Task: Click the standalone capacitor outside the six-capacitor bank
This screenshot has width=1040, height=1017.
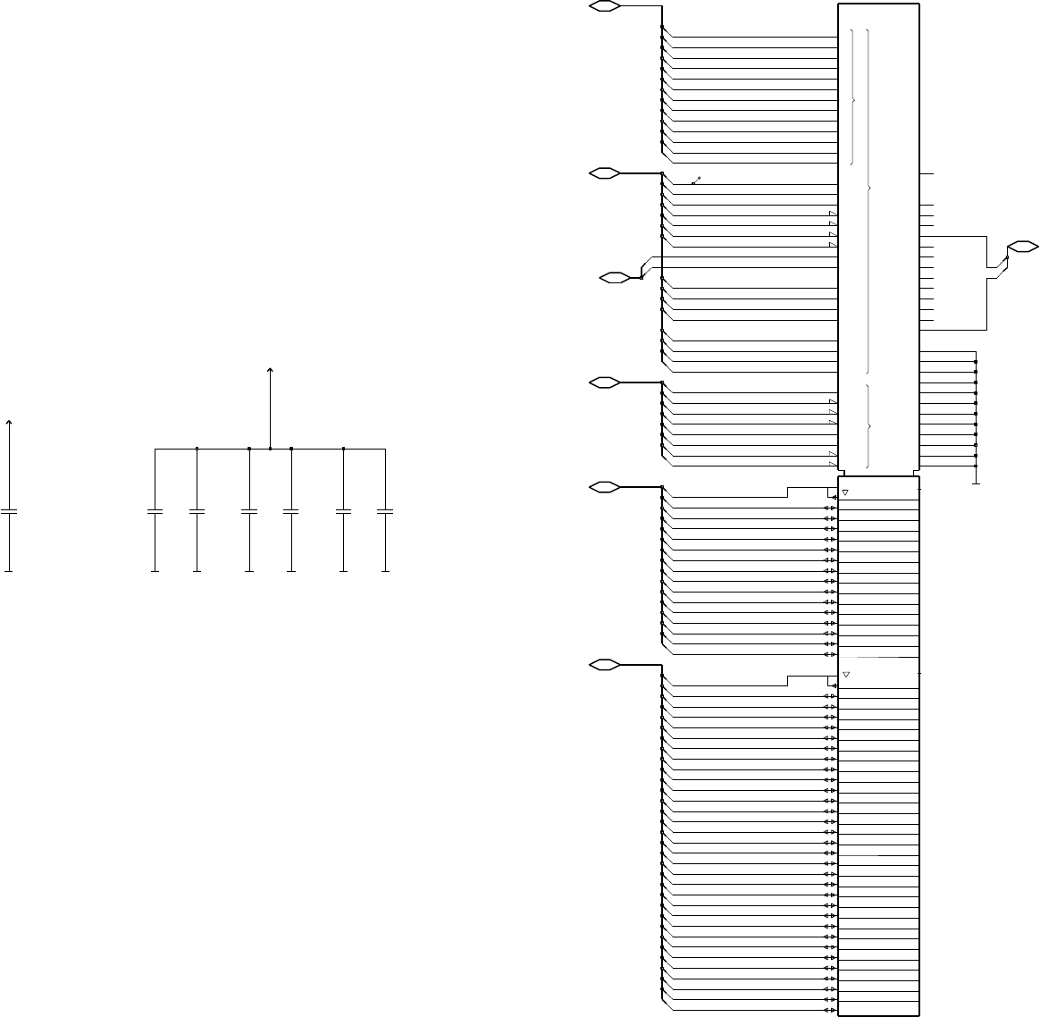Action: tap(9, 512)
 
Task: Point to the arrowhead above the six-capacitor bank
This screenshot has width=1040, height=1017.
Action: tap(270, 369)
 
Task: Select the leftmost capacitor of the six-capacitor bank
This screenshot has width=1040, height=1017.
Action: tap(155, 512)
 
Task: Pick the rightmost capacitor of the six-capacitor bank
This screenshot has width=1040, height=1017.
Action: tap(385, 512)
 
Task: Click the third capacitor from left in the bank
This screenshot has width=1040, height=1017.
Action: tap(249, 512)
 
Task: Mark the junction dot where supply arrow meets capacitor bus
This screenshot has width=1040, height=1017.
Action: tap(270, 449)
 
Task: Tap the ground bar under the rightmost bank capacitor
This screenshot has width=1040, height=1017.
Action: tap(385, 570)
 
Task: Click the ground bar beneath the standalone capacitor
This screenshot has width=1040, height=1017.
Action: tap(9, 570)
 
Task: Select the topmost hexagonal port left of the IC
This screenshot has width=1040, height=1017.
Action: tap(605, 6)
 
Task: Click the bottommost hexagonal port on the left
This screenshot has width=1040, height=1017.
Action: tap(605, 665)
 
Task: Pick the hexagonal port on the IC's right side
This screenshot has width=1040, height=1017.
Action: tap(1022, 245)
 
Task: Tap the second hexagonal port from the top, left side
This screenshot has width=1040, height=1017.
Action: tap(605, 173)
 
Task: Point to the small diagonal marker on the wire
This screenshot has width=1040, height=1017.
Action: tap(696, 181)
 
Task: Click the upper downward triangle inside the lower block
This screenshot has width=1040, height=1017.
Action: tap(845, 492)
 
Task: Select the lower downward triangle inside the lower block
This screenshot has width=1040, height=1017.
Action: tap(845, 675)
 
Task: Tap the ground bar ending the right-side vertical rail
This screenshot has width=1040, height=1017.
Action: tap(976, 483)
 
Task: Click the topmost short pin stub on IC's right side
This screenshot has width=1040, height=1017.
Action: tap(927, 173)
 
